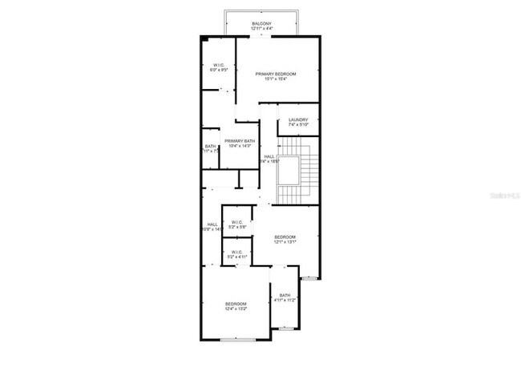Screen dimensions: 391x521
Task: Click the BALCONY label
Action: coord(261,24)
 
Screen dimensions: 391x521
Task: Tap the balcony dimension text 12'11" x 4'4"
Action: coord(261,29)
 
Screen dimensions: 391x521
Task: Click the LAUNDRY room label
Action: coord(298,120)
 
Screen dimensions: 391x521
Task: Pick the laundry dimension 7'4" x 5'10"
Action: coord(298,125)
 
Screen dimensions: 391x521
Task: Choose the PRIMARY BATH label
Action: coord(240,141)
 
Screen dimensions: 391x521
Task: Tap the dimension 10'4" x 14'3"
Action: coord(240,146)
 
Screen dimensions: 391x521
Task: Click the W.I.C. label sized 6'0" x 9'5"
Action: coord(218,65)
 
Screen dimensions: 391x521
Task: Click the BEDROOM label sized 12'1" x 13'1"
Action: coord(285,237)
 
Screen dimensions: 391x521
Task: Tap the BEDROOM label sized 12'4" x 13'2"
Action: coord(235,304)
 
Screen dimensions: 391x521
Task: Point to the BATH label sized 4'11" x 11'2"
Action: coord(285,296)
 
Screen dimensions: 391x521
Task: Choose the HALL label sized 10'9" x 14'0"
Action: coord(212,224)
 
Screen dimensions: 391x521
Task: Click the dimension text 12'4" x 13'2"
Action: coord(235,308)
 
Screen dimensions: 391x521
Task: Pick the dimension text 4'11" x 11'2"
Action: coord(285,300)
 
